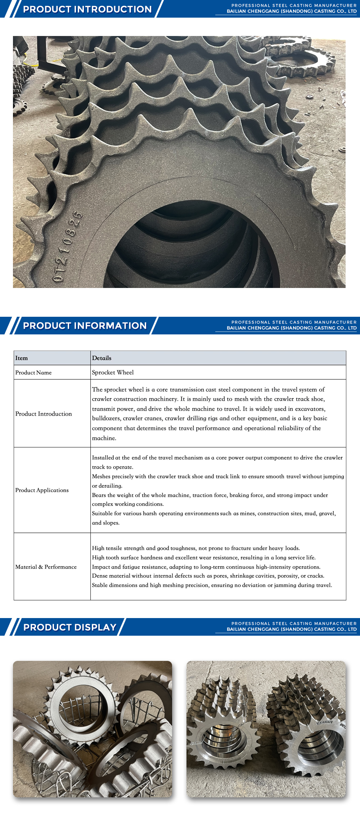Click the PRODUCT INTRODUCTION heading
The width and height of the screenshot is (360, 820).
pos(87,9)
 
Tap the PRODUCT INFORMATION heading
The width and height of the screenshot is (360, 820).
pos(85,326)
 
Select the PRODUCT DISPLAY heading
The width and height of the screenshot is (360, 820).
pos(70,627)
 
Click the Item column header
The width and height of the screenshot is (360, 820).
pos(22,358)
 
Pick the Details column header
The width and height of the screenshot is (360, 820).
pos(102,358)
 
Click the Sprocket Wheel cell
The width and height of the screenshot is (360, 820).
pos(113,373)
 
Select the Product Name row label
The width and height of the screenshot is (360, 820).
pos(33,373)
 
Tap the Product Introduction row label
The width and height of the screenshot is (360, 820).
pos(44,414)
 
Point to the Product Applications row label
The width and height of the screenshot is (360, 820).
pos(42,490)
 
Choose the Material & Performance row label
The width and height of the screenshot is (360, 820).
pos(46,567)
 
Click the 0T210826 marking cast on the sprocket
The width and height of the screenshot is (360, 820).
pos(68,247)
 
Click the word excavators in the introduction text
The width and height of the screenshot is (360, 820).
pos(311,409)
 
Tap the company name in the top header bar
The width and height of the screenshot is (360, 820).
pos(292,12)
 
